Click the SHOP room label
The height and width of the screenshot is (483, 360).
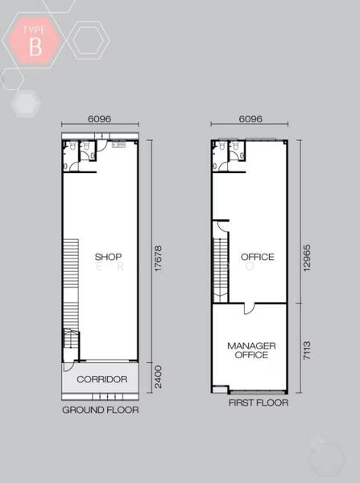click(108, 257)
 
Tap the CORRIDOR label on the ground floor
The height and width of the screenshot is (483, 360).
click(102, 379)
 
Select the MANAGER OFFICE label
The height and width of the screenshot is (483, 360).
click(251, 350)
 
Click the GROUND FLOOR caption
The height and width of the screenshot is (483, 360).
click(101, 410)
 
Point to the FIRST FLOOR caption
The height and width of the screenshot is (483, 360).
click(259, 402)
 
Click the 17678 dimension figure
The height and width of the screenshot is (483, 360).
click(158, 258)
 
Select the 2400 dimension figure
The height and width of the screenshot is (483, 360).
click(158, 377)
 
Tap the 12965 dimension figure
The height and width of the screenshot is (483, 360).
click(307, 258)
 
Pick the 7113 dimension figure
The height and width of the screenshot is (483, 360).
click(307, 350)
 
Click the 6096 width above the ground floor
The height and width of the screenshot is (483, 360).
click(100, 119)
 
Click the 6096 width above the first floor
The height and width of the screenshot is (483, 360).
click(250, 119)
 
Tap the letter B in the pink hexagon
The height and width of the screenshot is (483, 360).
click(35, 47)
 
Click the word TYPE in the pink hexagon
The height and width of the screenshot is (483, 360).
click(35, 30)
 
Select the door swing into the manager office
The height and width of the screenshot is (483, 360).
click(250, 308)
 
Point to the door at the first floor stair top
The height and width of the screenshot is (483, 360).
click(223, 226)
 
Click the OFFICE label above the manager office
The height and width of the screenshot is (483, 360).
click(258, 257)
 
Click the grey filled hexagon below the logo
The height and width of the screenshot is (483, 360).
click(26, 104)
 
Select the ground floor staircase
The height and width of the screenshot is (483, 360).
click(71, 297)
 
